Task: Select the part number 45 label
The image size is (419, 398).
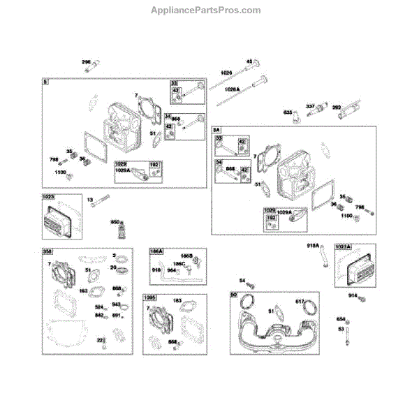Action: (x=249, y=61)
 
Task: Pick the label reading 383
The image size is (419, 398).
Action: (x=336, y=107)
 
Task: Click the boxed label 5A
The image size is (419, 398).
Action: (x=216, y=130)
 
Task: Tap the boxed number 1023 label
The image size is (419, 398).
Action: (x=48, y=198)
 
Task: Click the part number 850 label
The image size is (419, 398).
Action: (x=115, y=222)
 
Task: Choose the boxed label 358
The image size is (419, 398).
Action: (x=47, y=251)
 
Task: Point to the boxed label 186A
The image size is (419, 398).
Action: (x=156, y=251)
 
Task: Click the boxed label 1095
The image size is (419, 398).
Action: (x=150, y=297)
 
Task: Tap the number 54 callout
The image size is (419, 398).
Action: (x=242, y=281)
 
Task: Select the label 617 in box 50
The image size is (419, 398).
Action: (x=300, y=302)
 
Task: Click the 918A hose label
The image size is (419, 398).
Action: (x=313, y=246)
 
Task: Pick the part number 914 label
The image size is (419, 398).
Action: (x=353, y=296)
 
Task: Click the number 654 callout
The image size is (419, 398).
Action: (x=341, y=319)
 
